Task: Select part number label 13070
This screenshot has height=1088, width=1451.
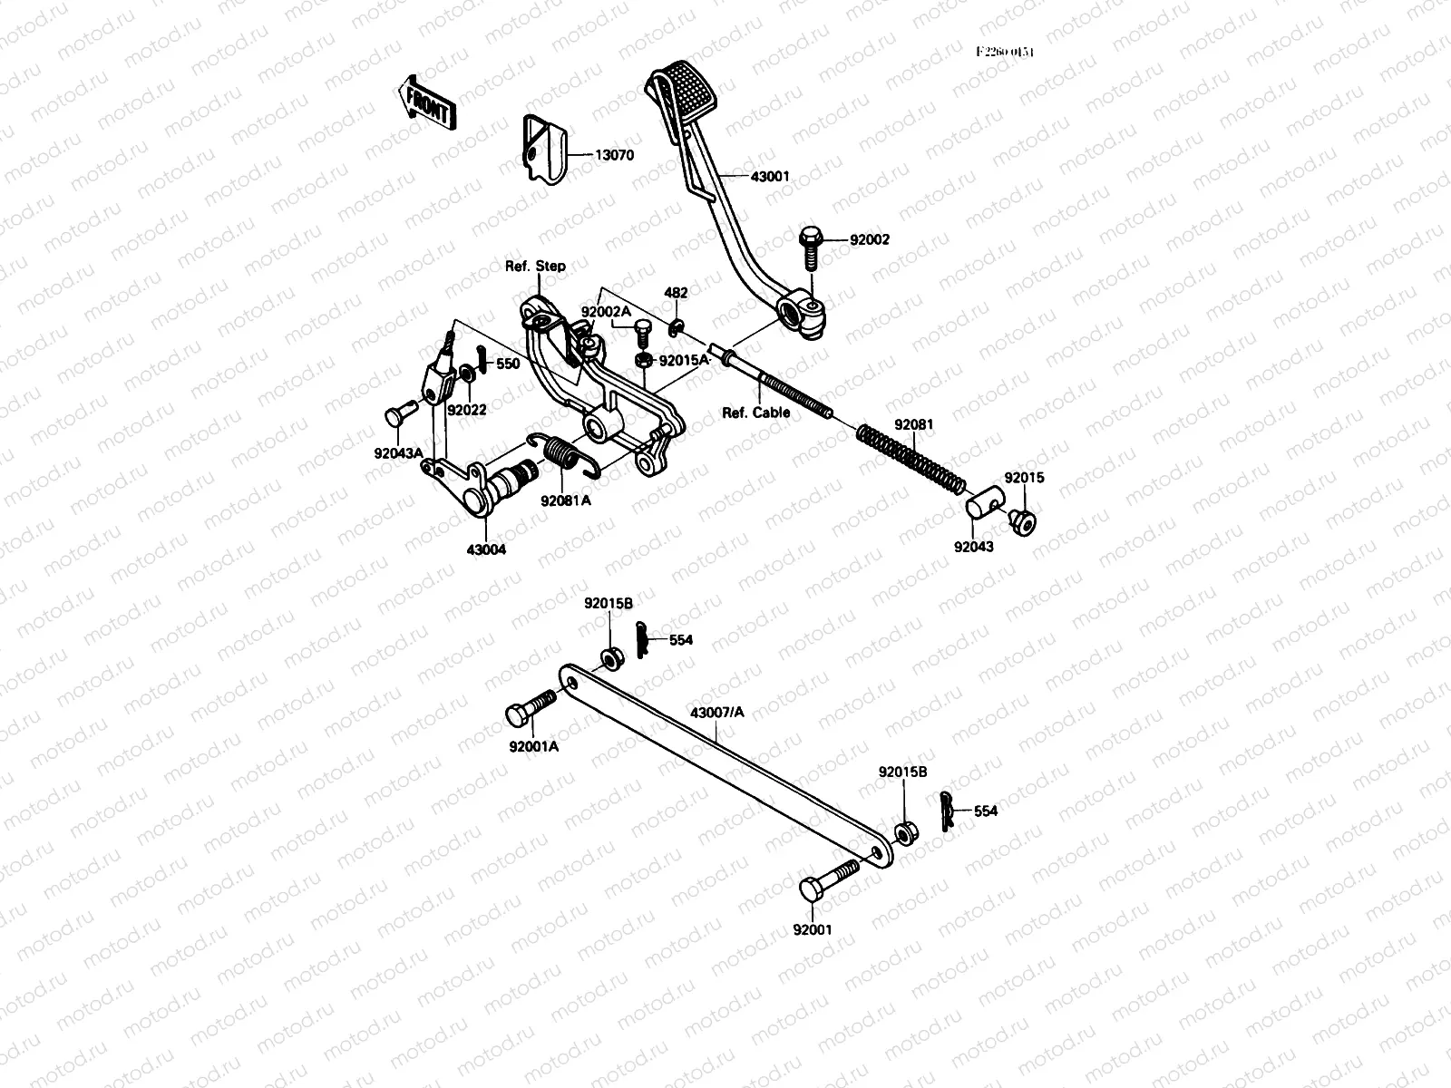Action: coord(614,155)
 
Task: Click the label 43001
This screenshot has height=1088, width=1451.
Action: coord(770,177)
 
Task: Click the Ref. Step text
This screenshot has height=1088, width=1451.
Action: coord(535,266)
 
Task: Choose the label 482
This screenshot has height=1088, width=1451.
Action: coord(676,293)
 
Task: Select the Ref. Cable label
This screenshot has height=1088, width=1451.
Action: coord(755,413)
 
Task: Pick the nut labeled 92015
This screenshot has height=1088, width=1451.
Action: coord(1023,520)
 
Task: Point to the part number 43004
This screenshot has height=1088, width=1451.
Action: coord(486,549)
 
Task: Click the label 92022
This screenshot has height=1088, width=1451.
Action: coord(466,410)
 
